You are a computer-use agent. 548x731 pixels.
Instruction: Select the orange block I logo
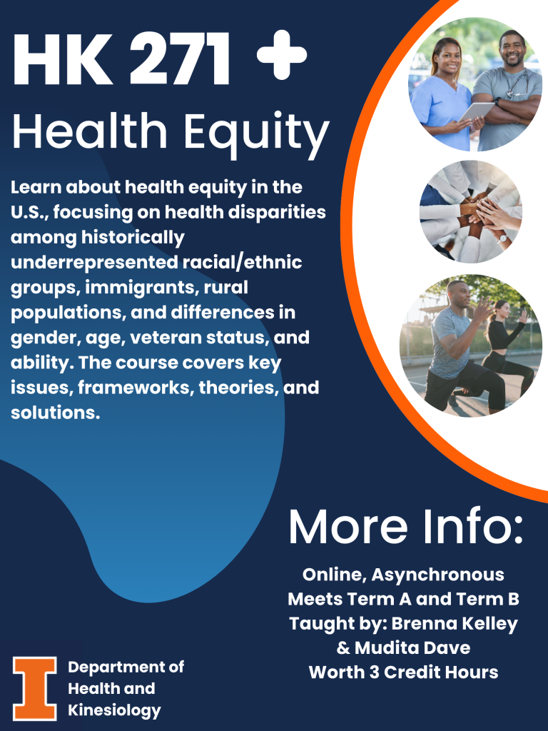34,688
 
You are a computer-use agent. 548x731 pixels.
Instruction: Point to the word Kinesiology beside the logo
114,710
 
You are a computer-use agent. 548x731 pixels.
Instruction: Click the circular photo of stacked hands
471,211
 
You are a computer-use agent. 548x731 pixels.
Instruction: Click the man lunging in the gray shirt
457,343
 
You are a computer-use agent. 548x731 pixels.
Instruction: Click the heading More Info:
405,527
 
